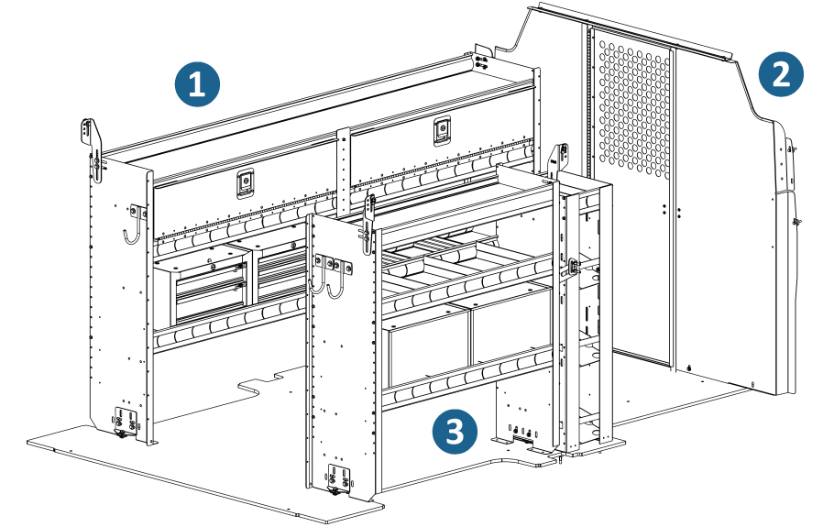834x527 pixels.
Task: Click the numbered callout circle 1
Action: tap(197, 85)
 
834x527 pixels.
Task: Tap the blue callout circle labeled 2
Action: tap(781, 74)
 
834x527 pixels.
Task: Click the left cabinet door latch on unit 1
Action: tap(247, 183)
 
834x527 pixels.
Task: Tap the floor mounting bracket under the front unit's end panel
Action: tap(339, 480)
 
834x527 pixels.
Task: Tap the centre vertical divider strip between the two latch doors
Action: tap(344, 165)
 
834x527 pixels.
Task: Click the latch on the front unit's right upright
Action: tap(575, 267)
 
